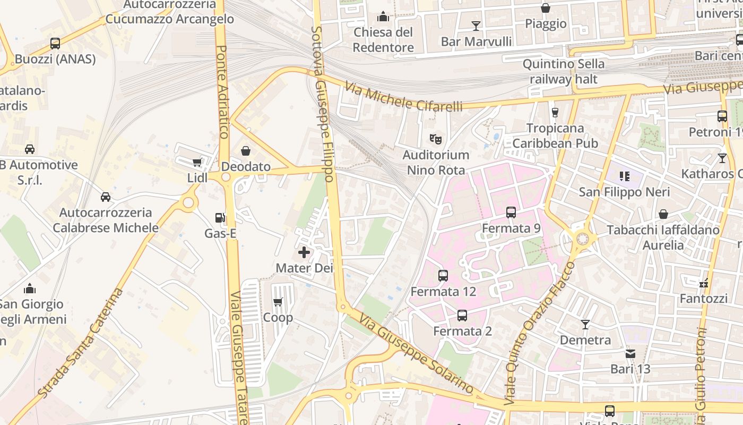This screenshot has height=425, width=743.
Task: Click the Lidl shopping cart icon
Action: (197, 163)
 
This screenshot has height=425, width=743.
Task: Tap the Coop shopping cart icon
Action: (278, 302)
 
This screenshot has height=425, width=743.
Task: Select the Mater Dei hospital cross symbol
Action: (304, 252)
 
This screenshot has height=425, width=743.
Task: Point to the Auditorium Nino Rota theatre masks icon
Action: (436, 139)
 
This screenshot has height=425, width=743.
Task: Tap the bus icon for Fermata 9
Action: (511, 212)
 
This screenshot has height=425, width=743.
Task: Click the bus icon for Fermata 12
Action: (443, 276)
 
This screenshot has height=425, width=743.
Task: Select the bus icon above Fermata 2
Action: (462, 316)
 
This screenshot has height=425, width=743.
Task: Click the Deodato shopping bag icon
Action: (246, 151)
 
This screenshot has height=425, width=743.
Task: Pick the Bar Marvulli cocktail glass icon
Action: (476, 25)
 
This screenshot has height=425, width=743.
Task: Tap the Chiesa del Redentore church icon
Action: (383, 17)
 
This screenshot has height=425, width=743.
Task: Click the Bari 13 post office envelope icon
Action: (630, 353)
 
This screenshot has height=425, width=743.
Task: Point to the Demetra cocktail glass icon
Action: (585, 324)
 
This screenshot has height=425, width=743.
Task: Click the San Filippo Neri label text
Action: (624, 192)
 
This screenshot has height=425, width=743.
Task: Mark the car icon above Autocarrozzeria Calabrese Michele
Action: (106, 197)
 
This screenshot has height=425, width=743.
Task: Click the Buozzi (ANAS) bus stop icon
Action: (55, 44)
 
